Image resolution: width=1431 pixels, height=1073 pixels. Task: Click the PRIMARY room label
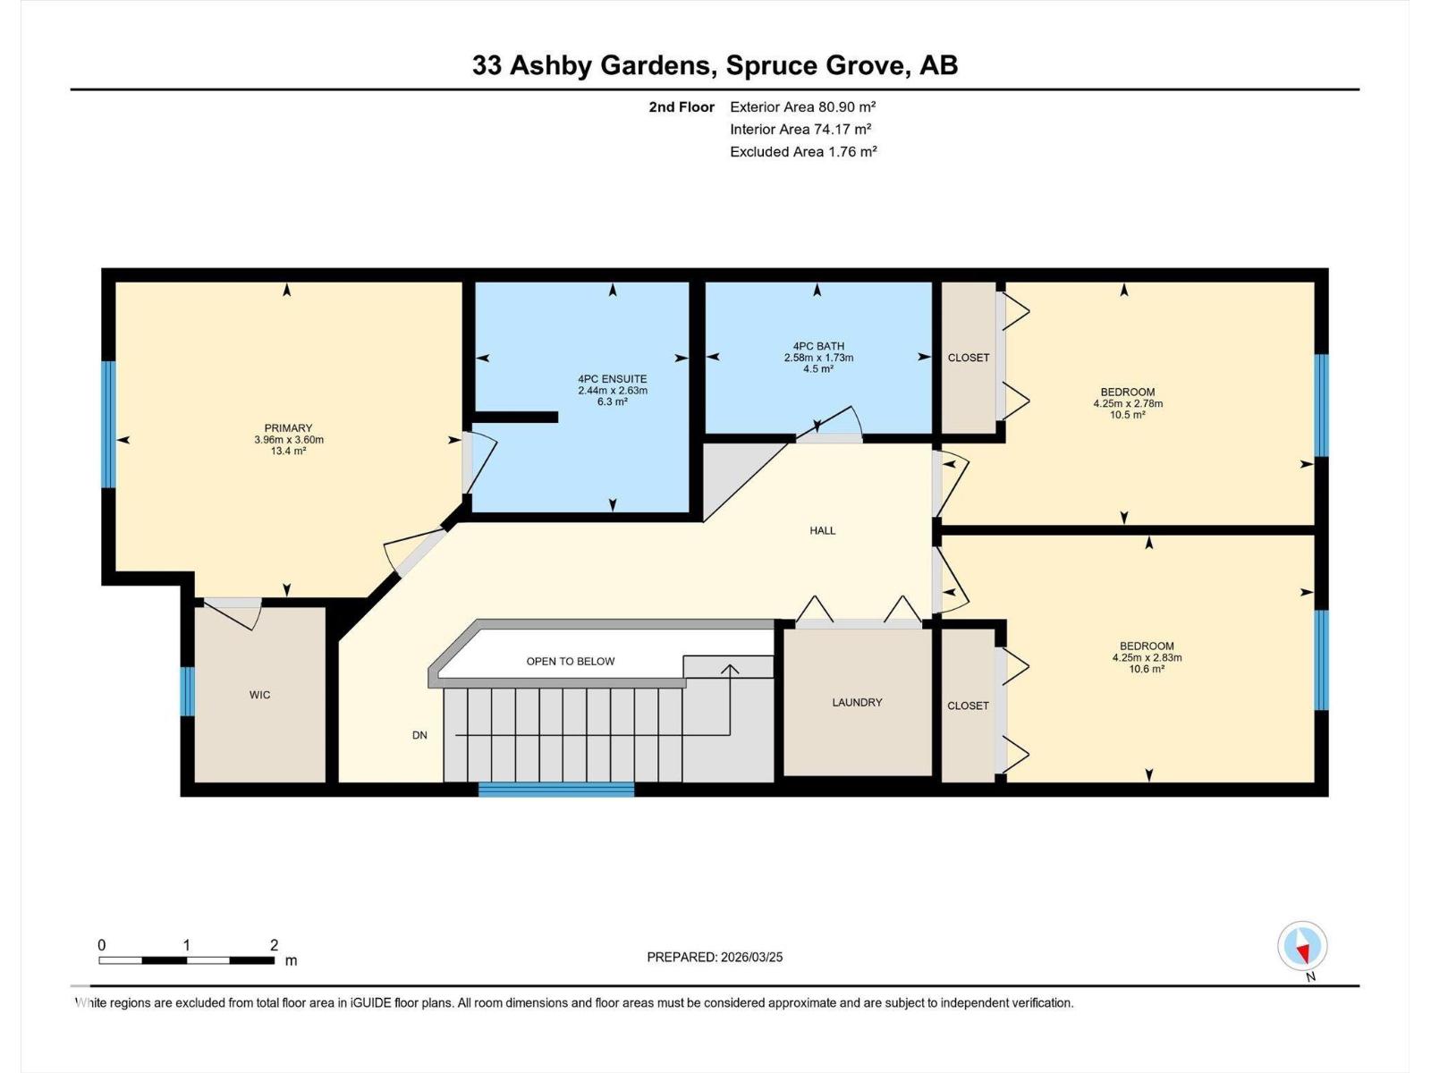click(288, 428)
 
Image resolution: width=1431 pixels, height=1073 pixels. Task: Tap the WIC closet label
click(259, 695)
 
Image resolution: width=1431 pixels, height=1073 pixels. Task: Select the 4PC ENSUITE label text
click(612, 379)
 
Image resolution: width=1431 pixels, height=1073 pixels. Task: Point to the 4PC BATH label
click(818, 346)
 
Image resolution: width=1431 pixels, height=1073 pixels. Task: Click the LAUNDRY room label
click(857, 702)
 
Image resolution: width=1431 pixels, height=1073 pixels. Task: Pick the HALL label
click(822, 530)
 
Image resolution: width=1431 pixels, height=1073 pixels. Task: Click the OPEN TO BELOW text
click(571, 662)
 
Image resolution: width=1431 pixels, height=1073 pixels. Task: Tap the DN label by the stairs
click(419, 735)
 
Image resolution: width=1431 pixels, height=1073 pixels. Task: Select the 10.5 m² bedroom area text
click(1127, 415)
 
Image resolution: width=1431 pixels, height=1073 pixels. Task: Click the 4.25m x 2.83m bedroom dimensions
click(1147, 657)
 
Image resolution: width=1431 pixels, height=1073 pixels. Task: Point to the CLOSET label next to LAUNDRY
click(968, 705)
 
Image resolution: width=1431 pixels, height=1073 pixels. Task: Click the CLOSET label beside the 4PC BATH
click(969, 358)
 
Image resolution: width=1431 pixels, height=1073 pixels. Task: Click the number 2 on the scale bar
click(275, 945)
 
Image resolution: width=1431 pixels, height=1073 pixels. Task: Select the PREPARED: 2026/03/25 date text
click(715, 957)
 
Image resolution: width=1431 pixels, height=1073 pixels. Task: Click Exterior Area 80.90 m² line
click(802, 106)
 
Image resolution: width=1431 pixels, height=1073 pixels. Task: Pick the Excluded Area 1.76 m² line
click(802, 152)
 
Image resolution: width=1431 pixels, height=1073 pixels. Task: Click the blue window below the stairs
click(556, 790)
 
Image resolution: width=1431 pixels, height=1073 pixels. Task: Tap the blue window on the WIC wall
click(187, 691)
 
